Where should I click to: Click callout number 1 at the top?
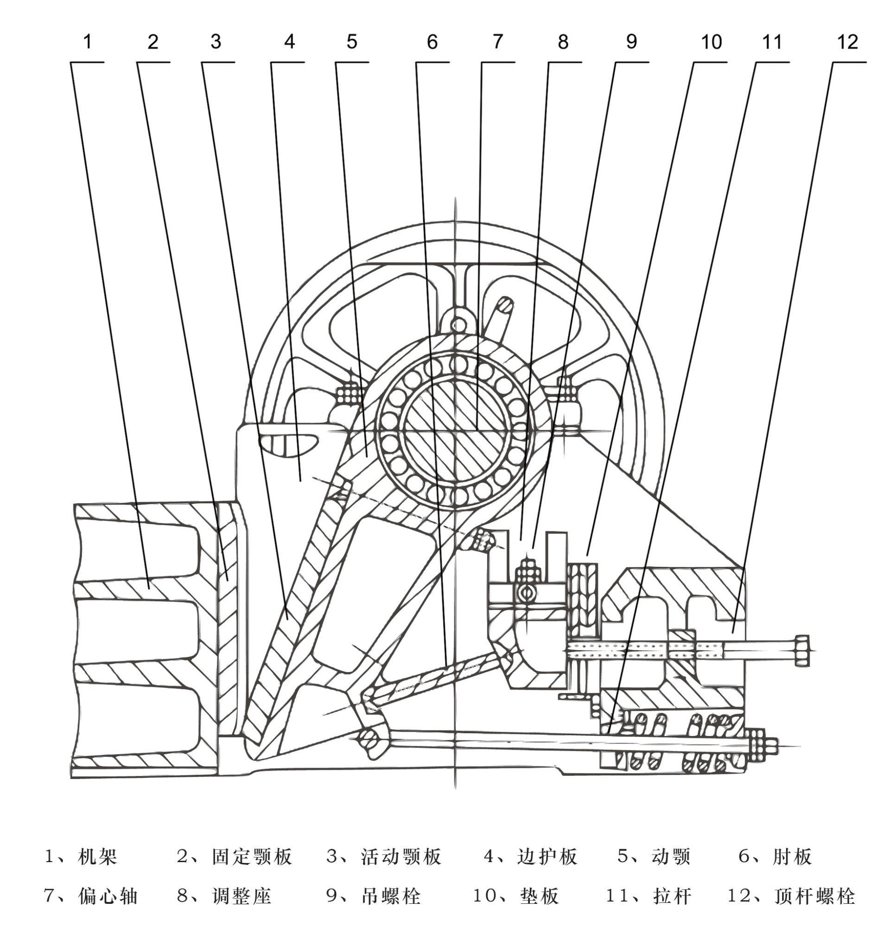click(87, 42)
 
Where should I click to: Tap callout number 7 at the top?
click(497, 42)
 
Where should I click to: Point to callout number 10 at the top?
click(712, 42)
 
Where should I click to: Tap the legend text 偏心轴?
click(108, 896)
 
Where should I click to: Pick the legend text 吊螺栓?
click(391, 896)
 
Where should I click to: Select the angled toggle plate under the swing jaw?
click(438, 676)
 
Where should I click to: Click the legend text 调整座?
click(242, 896)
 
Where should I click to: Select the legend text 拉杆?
click(672, 896)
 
